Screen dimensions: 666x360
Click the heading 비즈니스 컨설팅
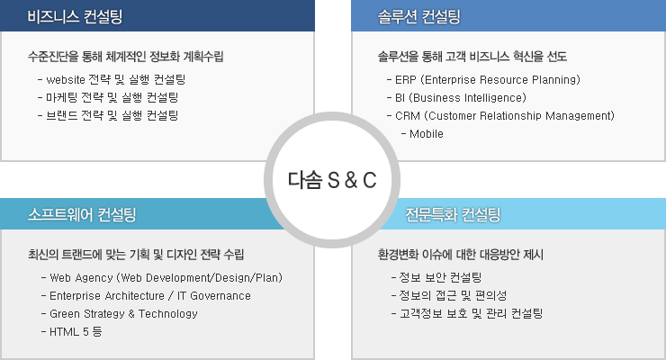click(75, 16)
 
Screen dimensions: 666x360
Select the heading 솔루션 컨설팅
click(418, 16)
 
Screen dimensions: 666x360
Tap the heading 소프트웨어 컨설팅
click(82, 214)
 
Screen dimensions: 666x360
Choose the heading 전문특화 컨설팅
click(453, 214)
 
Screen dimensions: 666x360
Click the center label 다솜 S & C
click(332, 180)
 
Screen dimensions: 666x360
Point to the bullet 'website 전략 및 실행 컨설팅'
click(112, 79)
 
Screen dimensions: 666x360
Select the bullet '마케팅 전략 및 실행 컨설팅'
click(108, 97)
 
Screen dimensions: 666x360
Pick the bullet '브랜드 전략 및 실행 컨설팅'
click(108, 115)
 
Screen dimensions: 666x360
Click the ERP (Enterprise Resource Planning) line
click(483, 80)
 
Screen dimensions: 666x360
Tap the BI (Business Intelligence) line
click(456, 97)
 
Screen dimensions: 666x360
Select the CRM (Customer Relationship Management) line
click(500, 116)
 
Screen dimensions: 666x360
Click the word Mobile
click(427, 134)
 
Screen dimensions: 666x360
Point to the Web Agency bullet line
click(162, 277)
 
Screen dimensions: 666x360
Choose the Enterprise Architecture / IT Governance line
click(146, 295)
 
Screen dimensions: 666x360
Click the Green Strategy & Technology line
click(120, 314)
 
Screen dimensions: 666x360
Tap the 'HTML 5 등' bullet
click(71, 331)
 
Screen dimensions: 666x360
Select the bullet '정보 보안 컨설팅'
click(436, 277)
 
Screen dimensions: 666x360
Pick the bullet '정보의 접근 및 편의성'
click(449, 295)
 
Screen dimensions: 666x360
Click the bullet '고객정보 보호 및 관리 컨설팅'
click(467, 314)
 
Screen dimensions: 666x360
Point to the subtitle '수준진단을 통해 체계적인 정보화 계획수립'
click(126, 57)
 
